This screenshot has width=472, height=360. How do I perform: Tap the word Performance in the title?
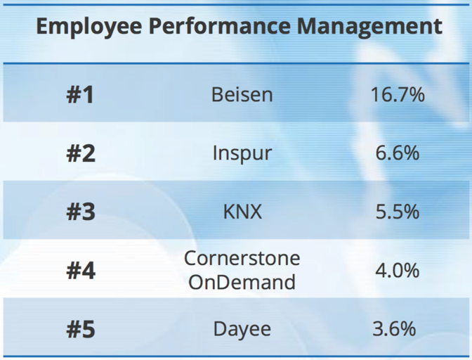point(215,27)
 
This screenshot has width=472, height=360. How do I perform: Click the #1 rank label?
point(80,95)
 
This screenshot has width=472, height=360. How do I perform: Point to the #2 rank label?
point(80,153)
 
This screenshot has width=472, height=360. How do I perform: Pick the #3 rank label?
point(80,212)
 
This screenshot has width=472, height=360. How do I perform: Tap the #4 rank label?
point(80,271)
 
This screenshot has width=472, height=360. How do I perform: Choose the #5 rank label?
point(80,328)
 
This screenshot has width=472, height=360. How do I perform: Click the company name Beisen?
point(242,94)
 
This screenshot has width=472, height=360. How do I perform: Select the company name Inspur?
point(242,153)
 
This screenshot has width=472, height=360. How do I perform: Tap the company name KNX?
point(242,212)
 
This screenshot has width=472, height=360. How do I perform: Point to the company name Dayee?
point(242,329)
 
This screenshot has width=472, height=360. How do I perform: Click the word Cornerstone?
point(242,259)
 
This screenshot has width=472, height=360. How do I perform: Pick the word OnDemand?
point(242,283)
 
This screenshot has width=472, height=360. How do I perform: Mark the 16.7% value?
point(397,94)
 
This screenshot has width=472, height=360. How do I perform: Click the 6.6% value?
point(397,153)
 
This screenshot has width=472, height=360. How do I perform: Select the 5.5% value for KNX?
point(397,212)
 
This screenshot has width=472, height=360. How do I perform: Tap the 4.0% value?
point(397,271)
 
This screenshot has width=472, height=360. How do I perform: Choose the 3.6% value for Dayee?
point(397,328)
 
